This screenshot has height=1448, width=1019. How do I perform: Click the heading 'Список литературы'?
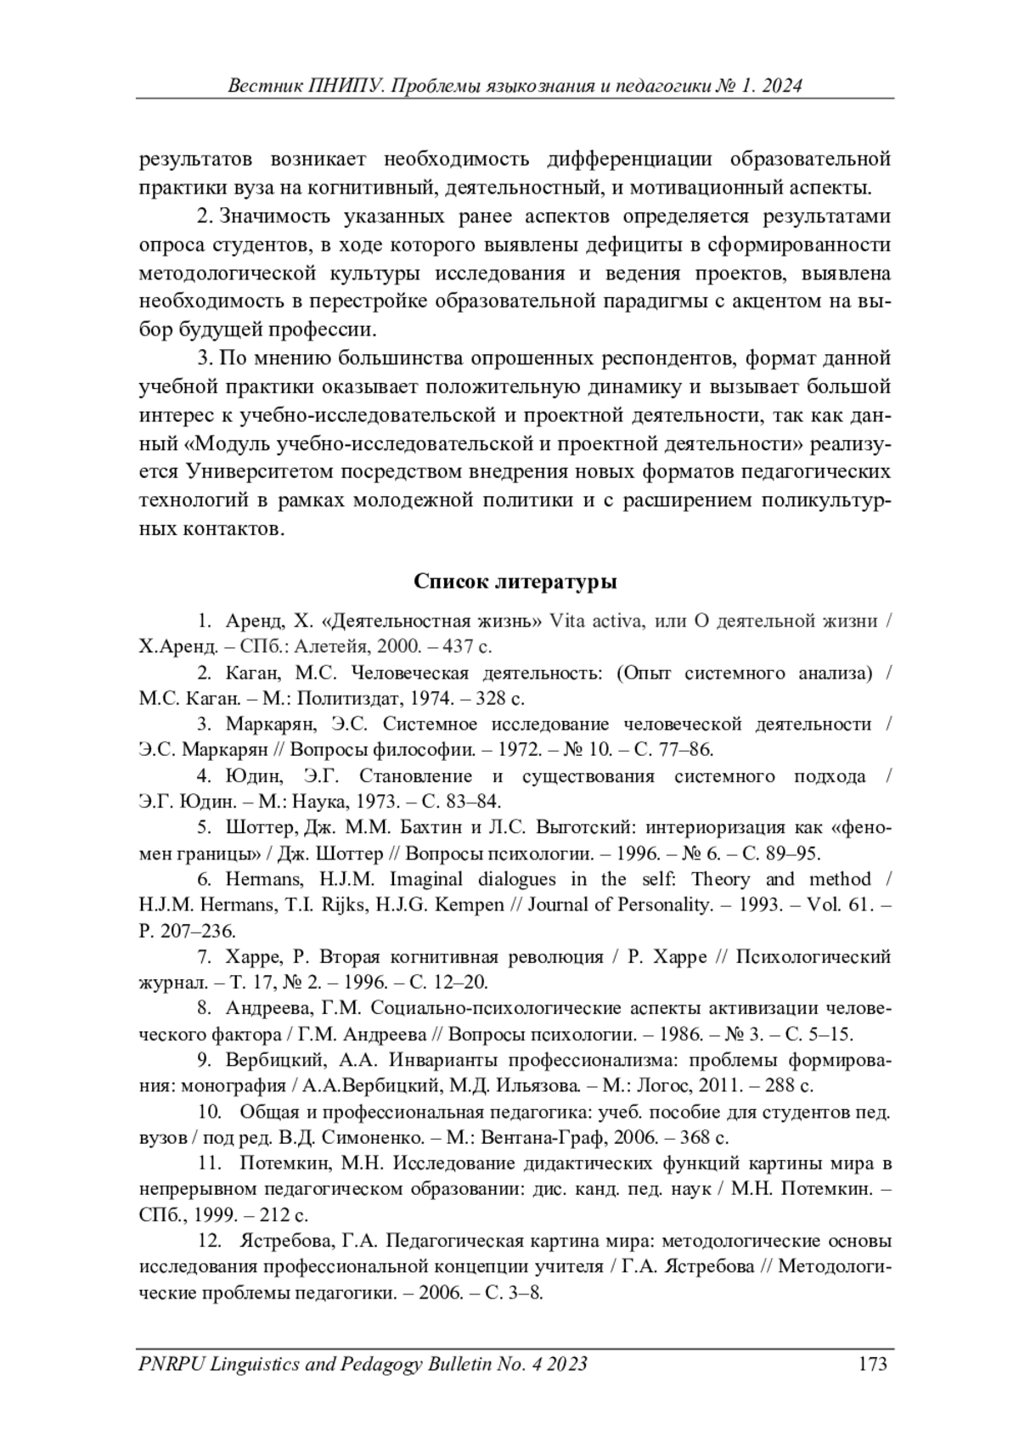[x=515, y=582]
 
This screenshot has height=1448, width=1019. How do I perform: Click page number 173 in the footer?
[x=872, y=1364]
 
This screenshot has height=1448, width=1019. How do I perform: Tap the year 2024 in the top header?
[x=781, y=86]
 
